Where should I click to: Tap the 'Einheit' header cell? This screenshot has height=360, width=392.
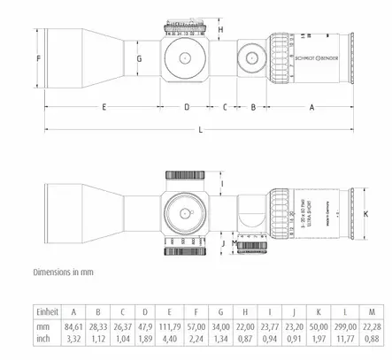pos(47,312)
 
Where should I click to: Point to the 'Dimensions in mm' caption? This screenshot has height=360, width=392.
pos(63,272)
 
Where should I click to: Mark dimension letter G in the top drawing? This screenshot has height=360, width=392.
pos(139,58)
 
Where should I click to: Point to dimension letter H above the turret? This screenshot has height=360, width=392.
pos(220,28)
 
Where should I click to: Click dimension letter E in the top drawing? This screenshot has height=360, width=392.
pos(104,106)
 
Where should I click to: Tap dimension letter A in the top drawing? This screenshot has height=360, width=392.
pos(311,106)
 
